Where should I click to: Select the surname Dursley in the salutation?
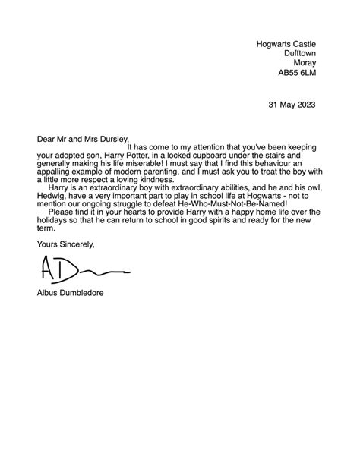pos(113,139)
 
